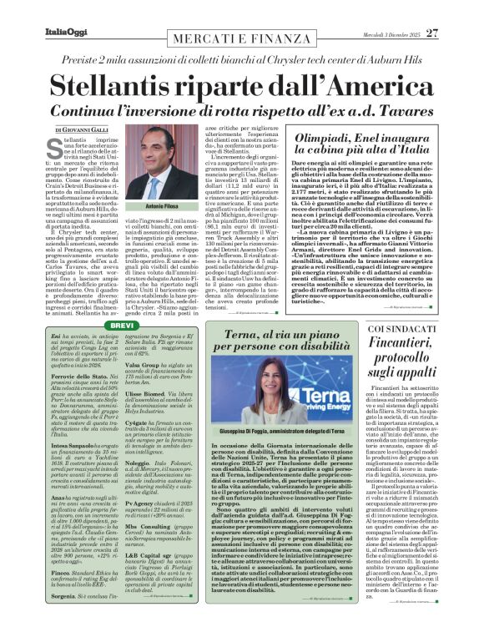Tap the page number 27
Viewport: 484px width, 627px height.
(x=456, y=10)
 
